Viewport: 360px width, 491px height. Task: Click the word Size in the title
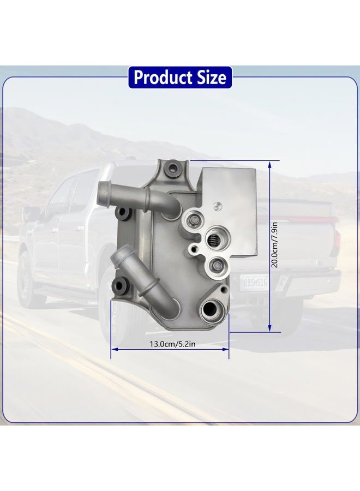tap(211, 77)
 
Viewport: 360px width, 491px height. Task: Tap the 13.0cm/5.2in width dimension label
tap(172, 344)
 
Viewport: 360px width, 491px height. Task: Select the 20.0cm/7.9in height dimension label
tap(274, 244)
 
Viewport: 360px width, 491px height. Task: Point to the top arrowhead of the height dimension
tap(270, 164)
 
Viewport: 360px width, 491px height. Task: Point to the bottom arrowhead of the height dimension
tap(270, 328)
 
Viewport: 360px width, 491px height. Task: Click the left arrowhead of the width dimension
tap(115, 349)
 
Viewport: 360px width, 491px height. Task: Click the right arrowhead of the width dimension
tap(225, 349)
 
